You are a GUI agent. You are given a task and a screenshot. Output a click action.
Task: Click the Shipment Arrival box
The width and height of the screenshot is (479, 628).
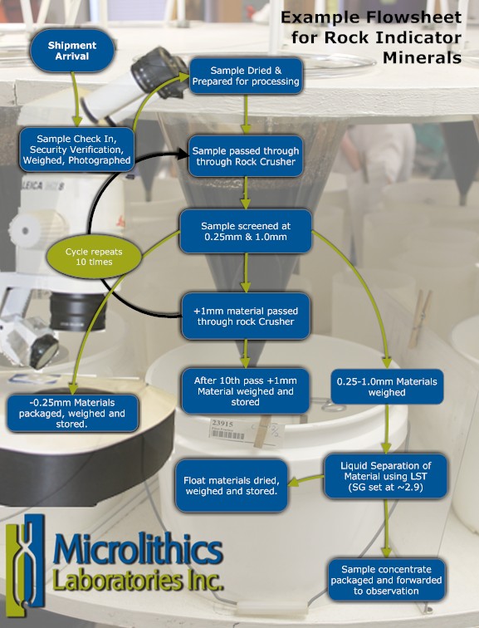point(72,51)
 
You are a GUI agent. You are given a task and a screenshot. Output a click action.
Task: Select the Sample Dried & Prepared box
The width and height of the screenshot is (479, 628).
point(246,76)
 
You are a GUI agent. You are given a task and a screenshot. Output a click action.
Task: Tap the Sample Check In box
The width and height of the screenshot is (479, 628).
point(76,150)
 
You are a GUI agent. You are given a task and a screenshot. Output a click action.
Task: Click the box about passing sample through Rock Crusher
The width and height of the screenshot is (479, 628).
point(246,156)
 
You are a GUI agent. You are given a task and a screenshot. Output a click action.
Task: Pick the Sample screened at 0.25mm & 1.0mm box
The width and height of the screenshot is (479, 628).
point(246,231)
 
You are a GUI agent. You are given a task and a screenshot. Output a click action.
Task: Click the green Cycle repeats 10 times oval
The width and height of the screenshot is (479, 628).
point(94,257)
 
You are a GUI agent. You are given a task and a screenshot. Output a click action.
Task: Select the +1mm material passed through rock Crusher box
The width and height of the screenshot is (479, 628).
point(246,316)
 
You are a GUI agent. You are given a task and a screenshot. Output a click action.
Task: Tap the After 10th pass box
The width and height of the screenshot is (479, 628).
point(245,391)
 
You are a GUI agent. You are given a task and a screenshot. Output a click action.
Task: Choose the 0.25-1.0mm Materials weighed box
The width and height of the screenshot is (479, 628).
point(387,387)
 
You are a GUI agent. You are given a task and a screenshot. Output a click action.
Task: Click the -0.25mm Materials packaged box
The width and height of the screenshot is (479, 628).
point(72,413)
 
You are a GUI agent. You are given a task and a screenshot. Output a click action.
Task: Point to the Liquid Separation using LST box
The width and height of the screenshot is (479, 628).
point(386,476)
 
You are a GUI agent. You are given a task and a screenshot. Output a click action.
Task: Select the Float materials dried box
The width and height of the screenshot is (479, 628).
point(232,485)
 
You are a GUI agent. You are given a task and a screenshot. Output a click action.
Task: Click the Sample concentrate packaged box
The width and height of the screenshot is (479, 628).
point(386,580)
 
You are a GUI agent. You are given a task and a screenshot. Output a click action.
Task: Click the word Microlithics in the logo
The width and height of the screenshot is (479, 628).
point(138,549)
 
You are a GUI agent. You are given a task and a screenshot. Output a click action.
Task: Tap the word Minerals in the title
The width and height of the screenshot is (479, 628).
point(422,57)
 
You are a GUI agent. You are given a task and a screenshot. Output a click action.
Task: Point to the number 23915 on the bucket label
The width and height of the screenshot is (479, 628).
point(222,423)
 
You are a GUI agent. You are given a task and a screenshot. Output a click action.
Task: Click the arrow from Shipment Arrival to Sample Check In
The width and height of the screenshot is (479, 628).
point(75,99)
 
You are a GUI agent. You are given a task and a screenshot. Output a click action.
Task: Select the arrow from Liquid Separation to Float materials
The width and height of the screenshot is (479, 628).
point(305,480)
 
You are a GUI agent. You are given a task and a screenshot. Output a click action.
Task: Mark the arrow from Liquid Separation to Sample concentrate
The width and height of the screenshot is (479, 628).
point(386,527)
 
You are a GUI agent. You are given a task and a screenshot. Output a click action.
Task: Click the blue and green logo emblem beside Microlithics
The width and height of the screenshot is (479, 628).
point(25,566)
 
